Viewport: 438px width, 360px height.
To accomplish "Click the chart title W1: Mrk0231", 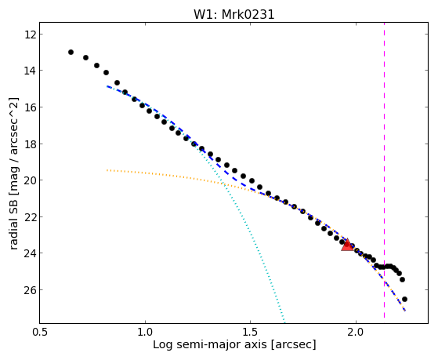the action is (x=234, y=14).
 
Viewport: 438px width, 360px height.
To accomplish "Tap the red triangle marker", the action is (x=347, y=245).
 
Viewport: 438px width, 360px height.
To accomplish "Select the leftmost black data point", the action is (x=71, y=52).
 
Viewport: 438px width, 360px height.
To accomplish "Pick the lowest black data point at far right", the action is (x=404, y=300).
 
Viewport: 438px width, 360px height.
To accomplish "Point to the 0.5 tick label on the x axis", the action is (x=40, y=332).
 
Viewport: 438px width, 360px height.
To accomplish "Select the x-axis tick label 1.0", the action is (x=145, y=332).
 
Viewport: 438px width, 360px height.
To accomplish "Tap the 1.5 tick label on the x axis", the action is (x=251, y=332).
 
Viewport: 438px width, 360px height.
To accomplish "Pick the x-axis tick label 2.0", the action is (x=356, y=332).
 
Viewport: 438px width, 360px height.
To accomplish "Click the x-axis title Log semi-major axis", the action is (x=210, y=344).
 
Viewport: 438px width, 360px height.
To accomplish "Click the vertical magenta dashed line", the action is (x=385, y=170).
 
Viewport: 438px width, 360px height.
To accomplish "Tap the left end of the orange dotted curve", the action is (x=107, y=170).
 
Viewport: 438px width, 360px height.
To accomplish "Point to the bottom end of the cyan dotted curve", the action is (x=284, y=321).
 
